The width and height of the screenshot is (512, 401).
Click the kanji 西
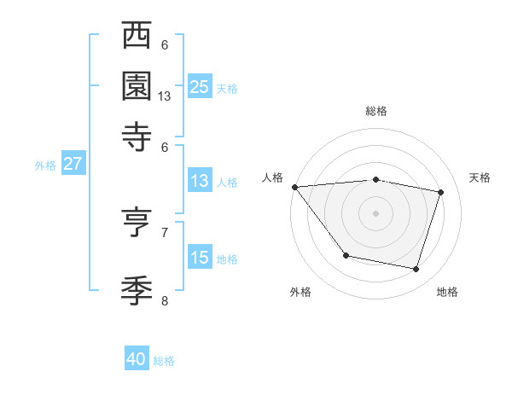point(137,38)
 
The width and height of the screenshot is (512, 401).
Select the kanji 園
point(137,87)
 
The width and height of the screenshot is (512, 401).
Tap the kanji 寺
point(137,136)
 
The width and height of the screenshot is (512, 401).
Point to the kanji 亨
point(137,224)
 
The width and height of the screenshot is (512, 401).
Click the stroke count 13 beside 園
point(165,96)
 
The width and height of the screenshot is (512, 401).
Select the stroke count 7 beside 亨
point(165,231)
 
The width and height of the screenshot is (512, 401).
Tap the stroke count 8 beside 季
point(165,300)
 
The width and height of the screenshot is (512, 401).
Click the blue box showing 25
point(199,86)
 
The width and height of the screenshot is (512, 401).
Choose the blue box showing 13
point(199,181)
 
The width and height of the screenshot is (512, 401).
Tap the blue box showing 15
point(199,258)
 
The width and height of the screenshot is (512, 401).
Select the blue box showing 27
point(73,164)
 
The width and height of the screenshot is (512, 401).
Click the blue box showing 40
point(137,359)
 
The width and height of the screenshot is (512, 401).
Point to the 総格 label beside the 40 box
point(164,361)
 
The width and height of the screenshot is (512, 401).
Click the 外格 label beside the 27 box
point(45,166)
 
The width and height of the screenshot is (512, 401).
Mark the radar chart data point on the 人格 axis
point(295,187)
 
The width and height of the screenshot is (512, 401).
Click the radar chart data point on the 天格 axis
point(441,192)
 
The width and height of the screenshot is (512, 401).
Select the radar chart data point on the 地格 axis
point(416,270)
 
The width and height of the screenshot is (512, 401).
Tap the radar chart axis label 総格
point(375,112)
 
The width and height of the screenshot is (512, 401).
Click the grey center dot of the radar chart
point(375,212)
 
